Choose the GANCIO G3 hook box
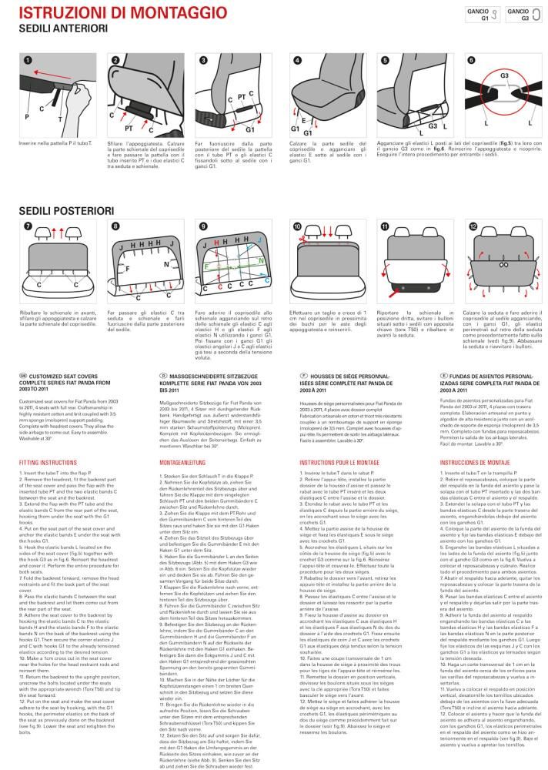[523, 14]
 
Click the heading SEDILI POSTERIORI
[62, 210]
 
